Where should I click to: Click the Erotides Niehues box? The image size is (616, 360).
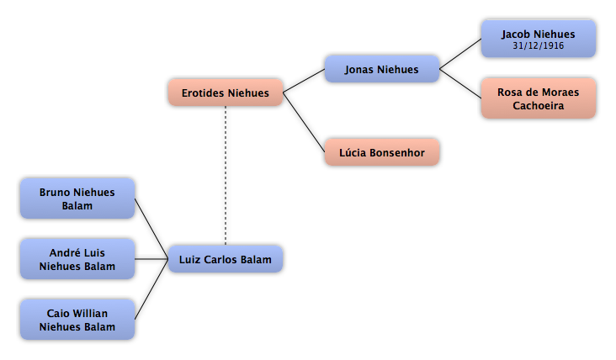pos(226,93)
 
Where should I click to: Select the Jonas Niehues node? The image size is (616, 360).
pos(382,69)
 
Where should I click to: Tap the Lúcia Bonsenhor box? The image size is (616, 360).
pos(382,152)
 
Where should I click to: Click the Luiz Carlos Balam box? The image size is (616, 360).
pos(226,259)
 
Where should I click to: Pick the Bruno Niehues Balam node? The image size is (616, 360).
pos(77,199)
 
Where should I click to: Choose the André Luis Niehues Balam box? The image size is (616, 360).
pos(77,259)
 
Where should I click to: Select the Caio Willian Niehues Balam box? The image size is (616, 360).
pos(77,320)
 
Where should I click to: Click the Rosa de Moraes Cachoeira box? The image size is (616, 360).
pos(539,98)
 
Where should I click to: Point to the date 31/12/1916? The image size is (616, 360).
pos(539,46)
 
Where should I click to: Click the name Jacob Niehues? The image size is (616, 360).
pos(539,34)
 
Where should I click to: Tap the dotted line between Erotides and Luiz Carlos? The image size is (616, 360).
pos(226,176)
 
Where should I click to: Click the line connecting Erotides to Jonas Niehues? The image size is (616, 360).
pos(304,81)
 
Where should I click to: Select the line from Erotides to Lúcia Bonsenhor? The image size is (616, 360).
pos(304,123)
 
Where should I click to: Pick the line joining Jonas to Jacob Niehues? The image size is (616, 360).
pos(460,54)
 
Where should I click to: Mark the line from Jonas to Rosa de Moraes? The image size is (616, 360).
pos(460,83)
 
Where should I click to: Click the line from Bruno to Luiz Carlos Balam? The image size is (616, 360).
pos(151,229)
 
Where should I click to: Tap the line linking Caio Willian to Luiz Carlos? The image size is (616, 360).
pos(151,289)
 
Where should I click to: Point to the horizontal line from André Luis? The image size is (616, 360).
pos(151,259)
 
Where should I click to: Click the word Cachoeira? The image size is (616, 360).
pos(539,106)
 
